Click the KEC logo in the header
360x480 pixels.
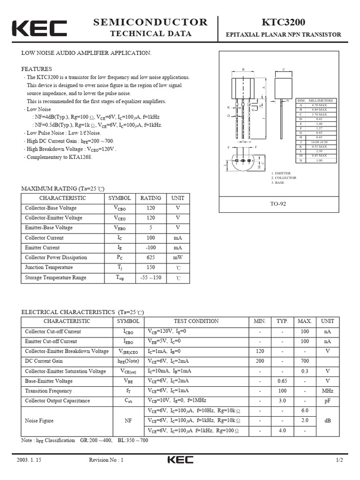click(39, 28)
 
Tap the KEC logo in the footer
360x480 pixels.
click(180, 460)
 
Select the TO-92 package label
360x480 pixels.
click(278, 204)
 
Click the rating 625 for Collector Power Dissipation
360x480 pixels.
click(150, 257)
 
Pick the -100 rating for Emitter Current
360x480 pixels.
click(150, 247)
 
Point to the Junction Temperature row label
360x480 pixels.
click(49, 267)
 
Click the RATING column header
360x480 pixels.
click(150, 198)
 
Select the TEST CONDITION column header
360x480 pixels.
click(196, 321)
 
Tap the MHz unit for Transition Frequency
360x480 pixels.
click(327, 390)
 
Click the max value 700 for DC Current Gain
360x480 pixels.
click(305, 361)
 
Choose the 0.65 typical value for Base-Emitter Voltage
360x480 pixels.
click(282, 381)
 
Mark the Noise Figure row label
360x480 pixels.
click(39, 421)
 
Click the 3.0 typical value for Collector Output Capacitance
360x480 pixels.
click(282, 401)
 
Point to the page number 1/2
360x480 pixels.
click(339, 460)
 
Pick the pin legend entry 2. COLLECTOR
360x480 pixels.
click(284, 178)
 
